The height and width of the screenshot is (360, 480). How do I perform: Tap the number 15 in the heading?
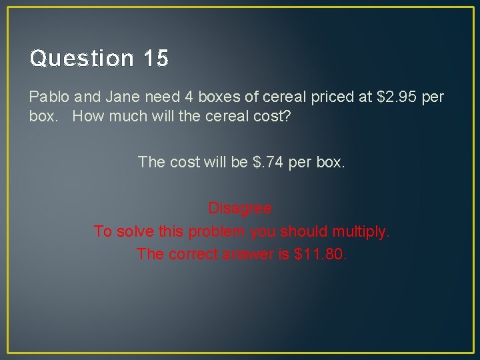[155, 59]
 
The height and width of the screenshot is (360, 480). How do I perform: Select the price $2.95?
[398, 97]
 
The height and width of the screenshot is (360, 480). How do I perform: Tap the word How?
[87, 116]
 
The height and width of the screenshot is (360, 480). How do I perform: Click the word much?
[124, 116]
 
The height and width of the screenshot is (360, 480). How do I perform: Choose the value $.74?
[269, 162]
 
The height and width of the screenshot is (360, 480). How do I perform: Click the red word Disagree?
[240, 208]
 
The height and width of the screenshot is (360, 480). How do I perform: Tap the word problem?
[215, 232]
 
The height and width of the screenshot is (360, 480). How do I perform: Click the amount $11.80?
[321, 254]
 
